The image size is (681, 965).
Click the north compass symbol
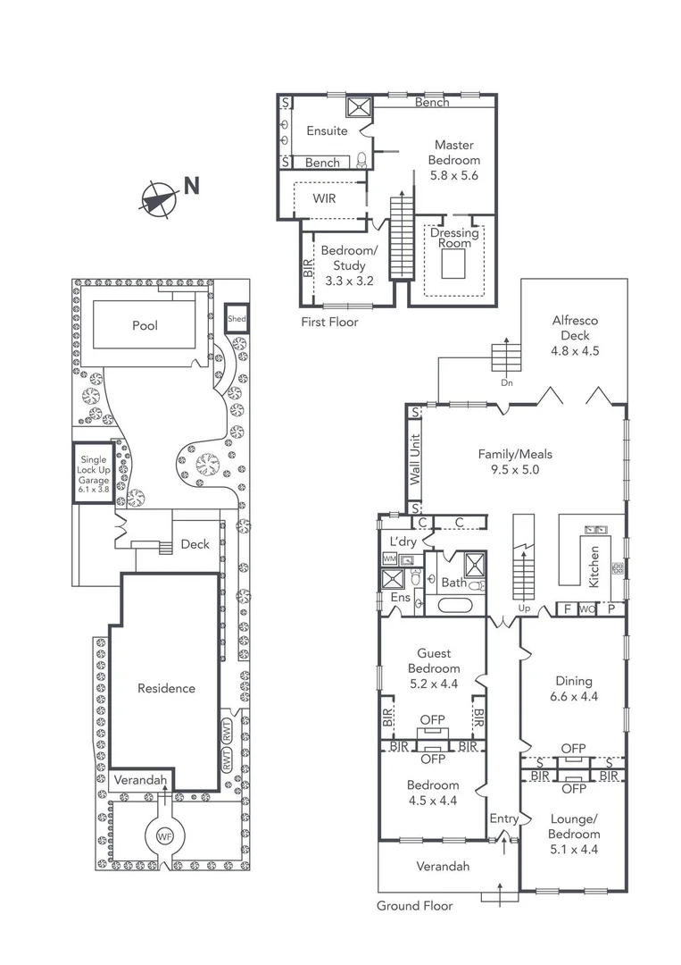(x=158, y=198)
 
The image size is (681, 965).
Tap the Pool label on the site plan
(x=145, y=325)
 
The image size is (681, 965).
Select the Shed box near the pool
(x=237, y=319)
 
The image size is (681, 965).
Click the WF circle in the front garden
(x=164, y=837)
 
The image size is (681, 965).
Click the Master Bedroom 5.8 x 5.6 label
(x=454, y=160)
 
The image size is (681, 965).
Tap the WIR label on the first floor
(x=325, y=197)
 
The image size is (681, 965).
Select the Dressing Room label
(x=454, y=239)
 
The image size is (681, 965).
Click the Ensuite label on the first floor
(x=327, y=130)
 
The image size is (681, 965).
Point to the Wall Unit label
(x=414, y=460)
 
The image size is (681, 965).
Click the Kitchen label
(x=594, y=567)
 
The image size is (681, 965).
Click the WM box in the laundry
(x=389, y=558)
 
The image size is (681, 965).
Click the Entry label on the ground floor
(x=503, y=818)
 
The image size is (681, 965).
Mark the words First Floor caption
(x=329, y=322)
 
